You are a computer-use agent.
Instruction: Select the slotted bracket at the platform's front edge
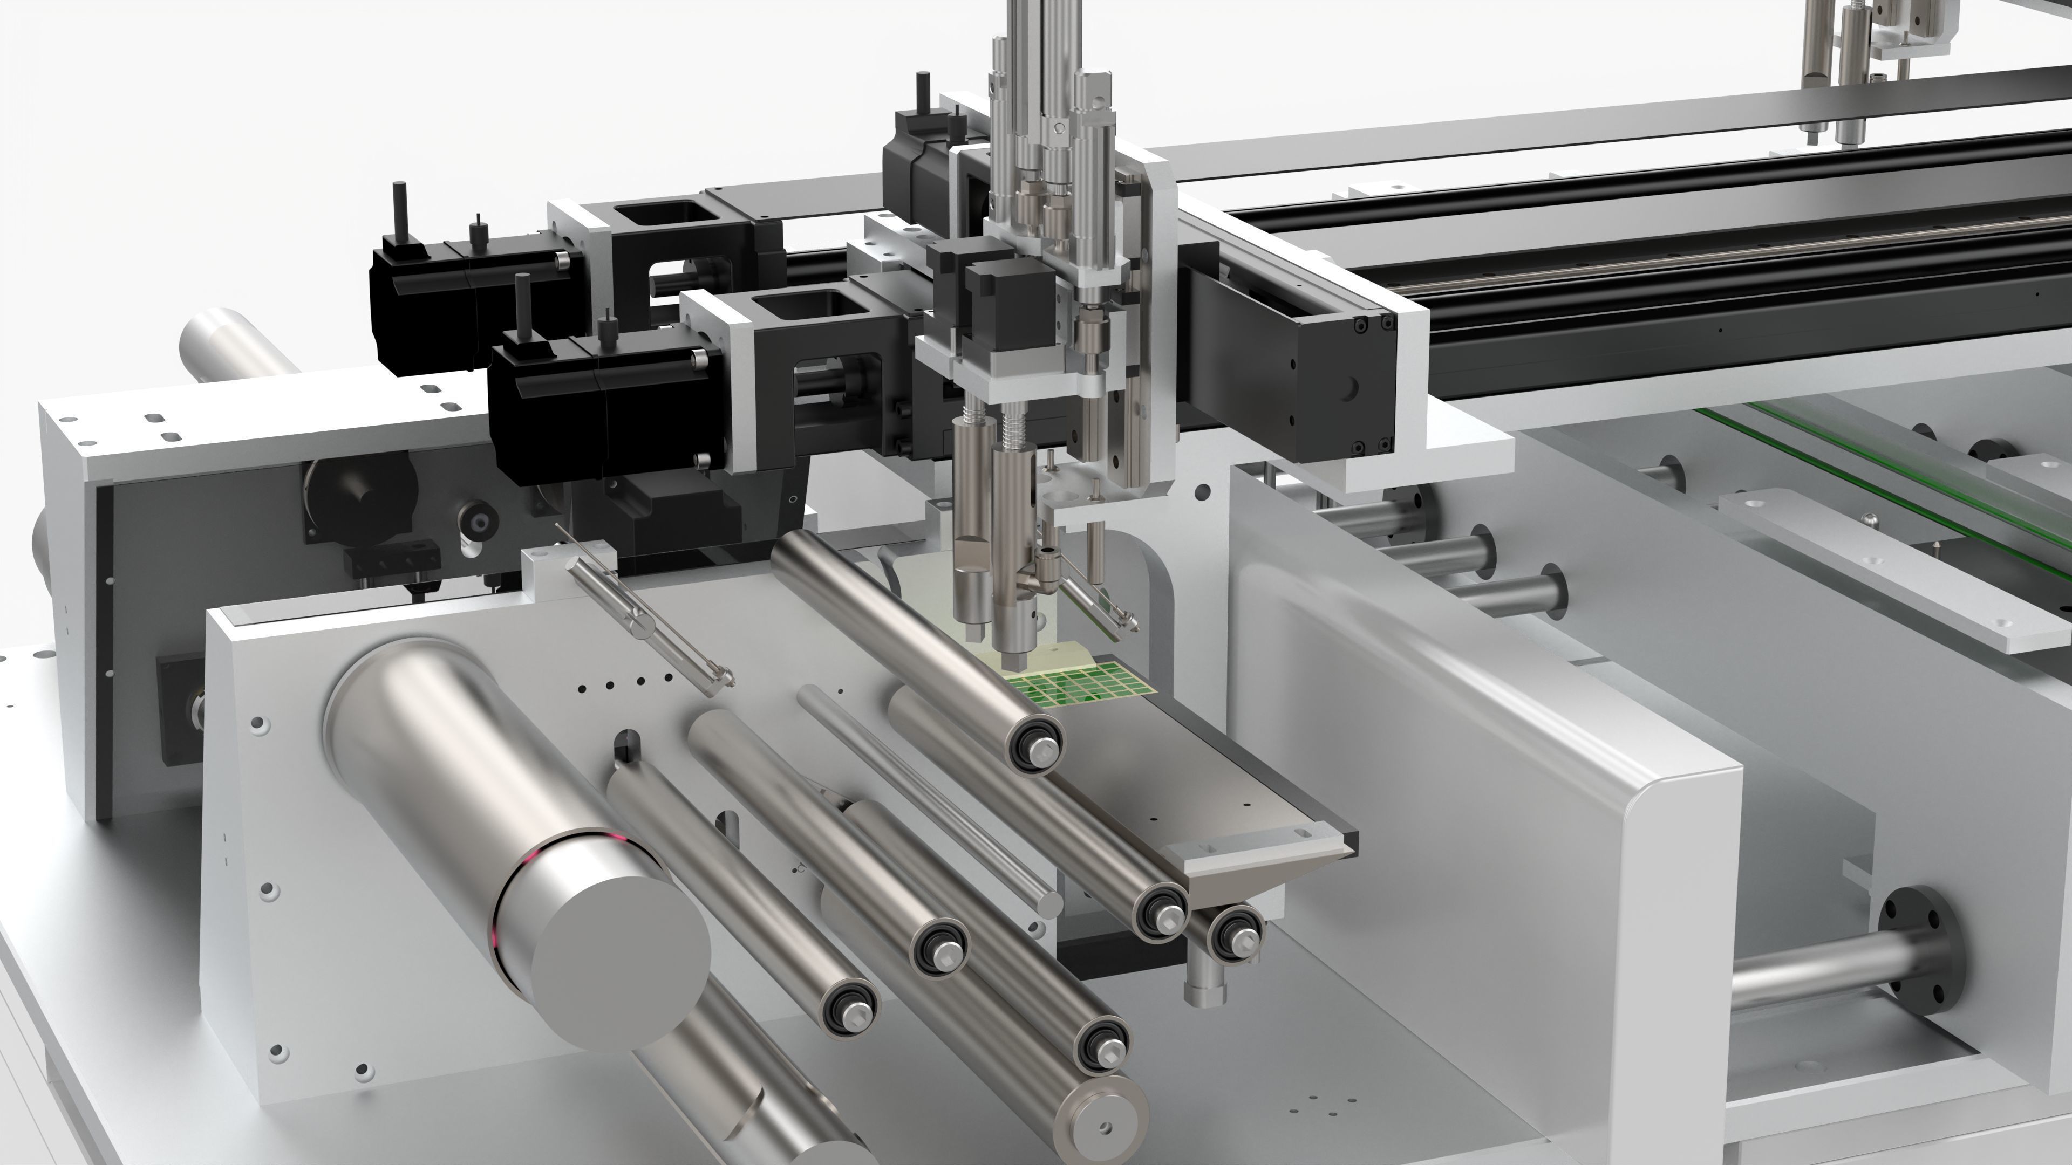[x=1207, y=852]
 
